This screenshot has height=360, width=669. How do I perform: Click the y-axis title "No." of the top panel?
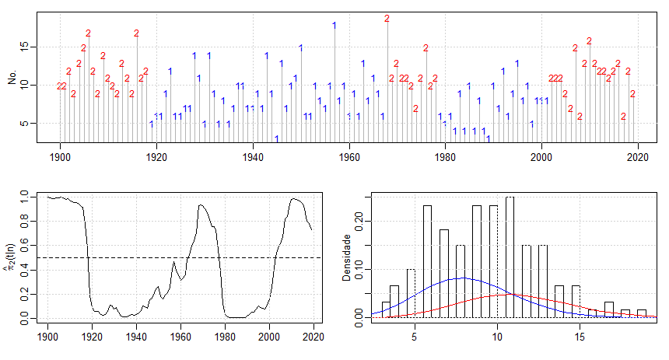coord(12,79)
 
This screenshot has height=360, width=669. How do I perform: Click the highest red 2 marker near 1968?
coord(387,19)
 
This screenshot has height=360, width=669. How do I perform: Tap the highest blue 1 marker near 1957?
coord(334,25)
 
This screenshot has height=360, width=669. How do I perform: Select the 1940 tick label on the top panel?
coord(253,156)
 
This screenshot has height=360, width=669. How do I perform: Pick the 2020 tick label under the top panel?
coord(638,156)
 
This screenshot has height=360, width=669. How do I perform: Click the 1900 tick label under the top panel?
coord(60,156)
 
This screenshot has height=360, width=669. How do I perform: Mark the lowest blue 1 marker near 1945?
coord(276,138)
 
